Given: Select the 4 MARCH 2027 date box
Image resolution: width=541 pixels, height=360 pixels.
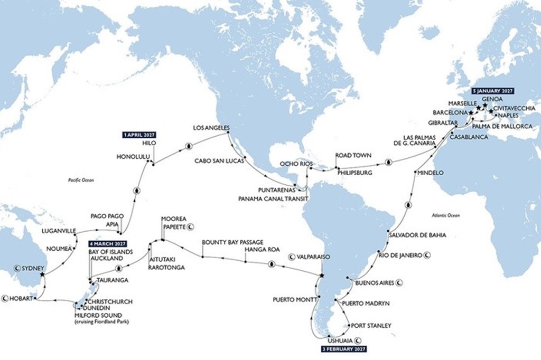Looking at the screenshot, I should (107, 244).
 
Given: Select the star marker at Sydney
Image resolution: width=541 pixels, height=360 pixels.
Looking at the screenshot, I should (42, 274).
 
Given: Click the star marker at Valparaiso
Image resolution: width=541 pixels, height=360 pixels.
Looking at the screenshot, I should (322, 276).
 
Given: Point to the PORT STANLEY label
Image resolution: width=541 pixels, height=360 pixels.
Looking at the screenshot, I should (371, 326).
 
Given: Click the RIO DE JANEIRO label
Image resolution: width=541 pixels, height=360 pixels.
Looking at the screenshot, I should (399, 255).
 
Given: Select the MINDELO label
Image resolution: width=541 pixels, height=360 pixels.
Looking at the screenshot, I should (430, 173).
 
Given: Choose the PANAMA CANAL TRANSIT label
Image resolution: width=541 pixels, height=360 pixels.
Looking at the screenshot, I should (273, 198).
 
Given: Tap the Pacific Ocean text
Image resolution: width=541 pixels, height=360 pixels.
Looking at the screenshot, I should (81, 180).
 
